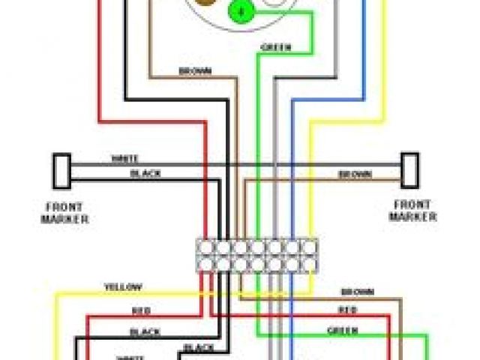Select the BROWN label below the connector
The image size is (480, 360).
click(194, 71)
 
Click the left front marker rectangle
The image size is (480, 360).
click(61, 172)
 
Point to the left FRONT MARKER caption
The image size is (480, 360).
click(64, 213)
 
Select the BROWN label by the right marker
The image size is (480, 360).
click(355, 174)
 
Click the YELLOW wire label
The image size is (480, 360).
click(123, 287)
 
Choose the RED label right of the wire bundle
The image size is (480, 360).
click(346, 309)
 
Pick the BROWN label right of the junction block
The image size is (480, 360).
click(357, 291)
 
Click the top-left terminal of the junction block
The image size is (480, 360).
click(205, 246)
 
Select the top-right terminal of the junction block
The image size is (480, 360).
click(309, 246)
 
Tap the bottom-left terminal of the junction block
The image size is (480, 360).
click(205, 263)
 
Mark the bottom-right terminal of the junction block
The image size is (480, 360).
click(309, 263)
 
